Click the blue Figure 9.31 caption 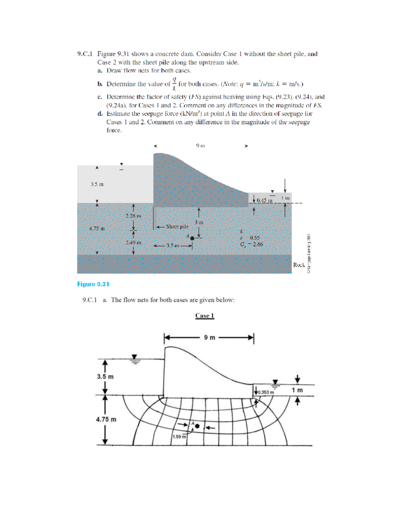[x=93, y=284]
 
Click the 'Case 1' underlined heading [x=204, y=316]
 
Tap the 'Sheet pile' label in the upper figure [x=177, y=226]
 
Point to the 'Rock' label [x=299, y=265]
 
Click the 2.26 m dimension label [x=133, y=216]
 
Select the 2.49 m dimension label [x=133, y=242]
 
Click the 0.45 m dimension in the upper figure [x=265, y=200]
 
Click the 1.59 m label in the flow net [x=179, y=437]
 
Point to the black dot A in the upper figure [x=192, y=238]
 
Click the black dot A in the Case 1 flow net [x=197, y=426]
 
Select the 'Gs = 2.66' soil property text [x=252, y=244]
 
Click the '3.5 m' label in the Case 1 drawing [x=105, y=377]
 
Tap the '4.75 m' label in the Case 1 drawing [x=106, y=419]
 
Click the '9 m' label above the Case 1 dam [x=210, y=338]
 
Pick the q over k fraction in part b [x=174, y=83]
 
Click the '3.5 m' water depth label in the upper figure [x=97, y=184]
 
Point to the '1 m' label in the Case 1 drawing [x=297, y=390]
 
